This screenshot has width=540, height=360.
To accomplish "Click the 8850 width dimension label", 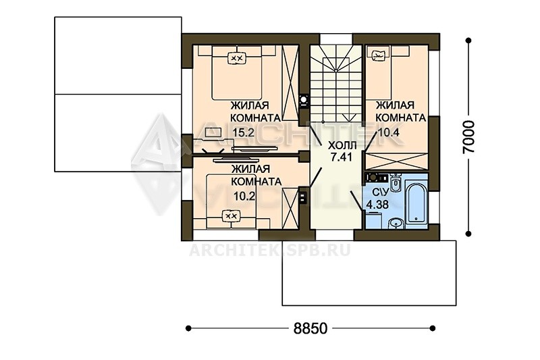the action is [310, 328].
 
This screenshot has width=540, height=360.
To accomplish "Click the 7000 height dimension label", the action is [468, 136].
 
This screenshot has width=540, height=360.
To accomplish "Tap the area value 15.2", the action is [243, 132].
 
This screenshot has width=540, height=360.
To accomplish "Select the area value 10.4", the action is [389, 132].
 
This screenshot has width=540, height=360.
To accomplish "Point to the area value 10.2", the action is [244, 197].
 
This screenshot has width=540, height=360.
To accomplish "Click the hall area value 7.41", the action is [341, 157].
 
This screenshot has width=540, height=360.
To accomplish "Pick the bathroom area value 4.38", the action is [377, 204].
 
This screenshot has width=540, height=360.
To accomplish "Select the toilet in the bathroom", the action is [396, 183].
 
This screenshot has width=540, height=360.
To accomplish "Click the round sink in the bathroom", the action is [396, 224].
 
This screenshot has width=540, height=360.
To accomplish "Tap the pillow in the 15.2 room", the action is [237, 59].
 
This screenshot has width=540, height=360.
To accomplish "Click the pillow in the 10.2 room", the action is [230, 216].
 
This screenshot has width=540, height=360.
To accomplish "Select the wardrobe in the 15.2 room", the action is [290, 83].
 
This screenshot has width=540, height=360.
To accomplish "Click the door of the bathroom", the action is [356, 201].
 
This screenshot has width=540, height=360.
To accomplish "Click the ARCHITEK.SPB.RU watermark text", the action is [270, 250].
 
